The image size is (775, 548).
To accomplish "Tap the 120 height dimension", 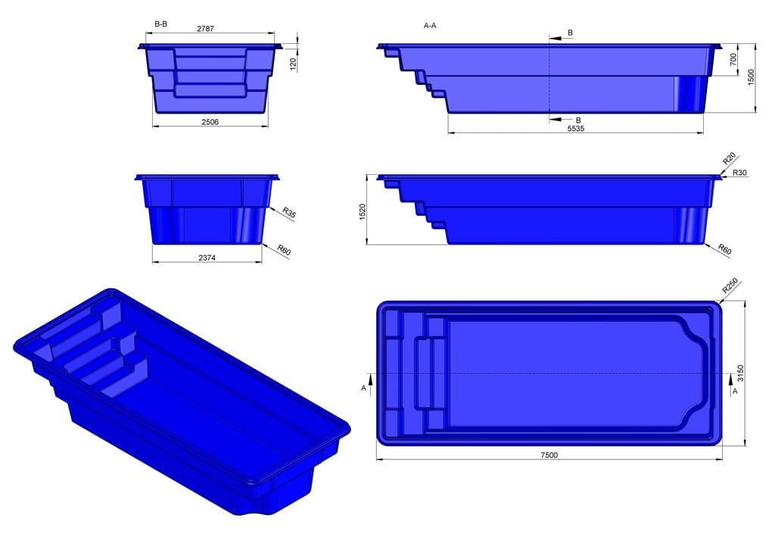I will click(293, 64).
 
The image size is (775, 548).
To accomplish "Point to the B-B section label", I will click(160, 24).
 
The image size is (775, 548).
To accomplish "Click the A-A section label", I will click(430, 25).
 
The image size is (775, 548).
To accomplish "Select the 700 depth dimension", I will click(733, 61).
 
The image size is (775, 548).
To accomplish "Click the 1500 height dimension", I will click(751, 77).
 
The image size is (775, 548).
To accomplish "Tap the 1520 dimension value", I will click(363, 210).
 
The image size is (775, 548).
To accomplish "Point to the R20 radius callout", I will click(729, 159).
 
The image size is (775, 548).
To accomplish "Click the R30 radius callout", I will click(740, 173).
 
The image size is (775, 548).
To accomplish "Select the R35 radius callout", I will click(288, 213).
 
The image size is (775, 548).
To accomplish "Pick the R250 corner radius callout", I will click(730, 285).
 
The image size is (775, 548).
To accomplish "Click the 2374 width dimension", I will click(209, 258).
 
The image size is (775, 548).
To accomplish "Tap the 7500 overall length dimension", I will click(549, 455).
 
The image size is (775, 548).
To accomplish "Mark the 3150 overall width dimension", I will click(742, 374).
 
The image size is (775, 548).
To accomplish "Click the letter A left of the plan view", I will click(364, 388).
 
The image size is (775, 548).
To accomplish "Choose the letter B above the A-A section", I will click(570, 33).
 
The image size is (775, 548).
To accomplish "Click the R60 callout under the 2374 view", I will click(285, 250).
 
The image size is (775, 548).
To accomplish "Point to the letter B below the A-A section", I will click(578, 120).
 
